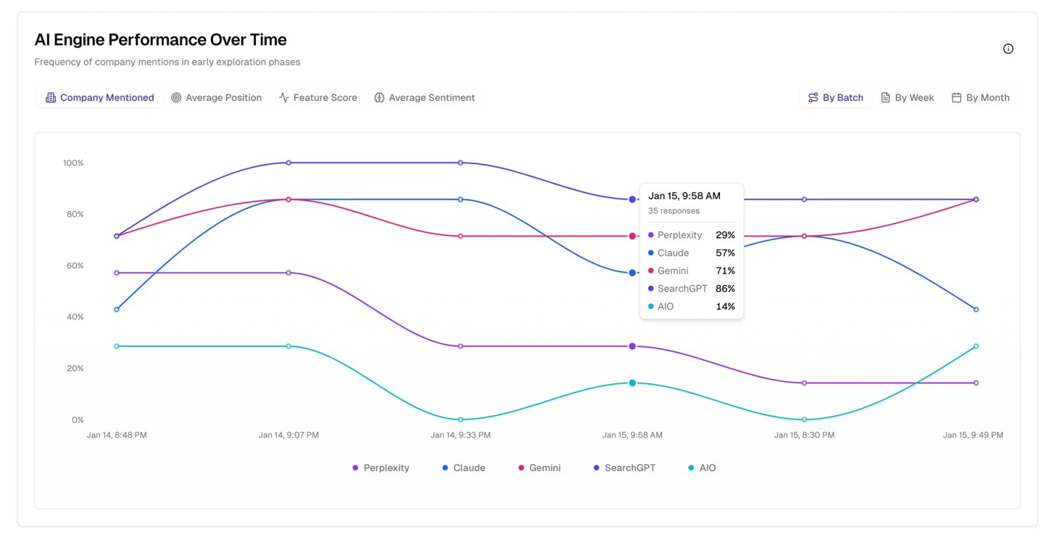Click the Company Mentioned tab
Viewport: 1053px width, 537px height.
point(99,98)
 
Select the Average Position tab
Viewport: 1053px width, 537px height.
point(217,98)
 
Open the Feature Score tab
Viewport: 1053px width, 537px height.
point(318,98)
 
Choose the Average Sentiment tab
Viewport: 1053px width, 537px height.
point(424,98)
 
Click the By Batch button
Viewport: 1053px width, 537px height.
point(836,98)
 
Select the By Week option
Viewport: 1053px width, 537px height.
point(908,98)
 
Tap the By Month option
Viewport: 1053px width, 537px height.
point(981,98)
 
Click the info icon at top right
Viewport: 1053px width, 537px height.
point(1008,49)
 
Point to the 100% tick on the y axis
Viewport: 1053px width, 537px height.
point(73,163)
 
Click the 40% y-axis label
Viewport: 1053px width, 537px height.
point(75,317)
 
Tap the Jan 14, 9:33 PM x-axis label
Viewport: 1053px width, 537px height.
point(460,435)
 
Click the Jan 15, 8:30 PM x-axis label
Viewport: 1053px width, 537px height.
point(804,435)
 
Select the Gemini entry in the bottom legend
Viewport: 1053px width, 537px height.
point(540,468)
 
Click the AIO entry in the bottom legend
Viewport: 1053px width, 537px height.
point(702,468)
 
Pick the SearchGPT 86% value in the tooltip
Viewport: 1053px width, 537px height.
point(725,289)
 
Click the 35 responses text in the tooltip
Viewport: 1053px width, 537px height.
point(673,211)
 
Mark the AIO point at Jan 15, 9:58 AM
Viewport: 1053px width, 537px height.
point(632,383)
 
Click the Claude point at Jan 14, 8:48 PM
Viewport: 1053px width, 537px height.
point(116,309)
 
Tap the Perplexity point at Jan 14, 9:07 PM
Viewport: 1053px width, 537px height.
point(288,273)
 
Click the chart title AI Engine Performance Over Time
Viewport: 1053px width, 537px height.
point(161,40)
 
